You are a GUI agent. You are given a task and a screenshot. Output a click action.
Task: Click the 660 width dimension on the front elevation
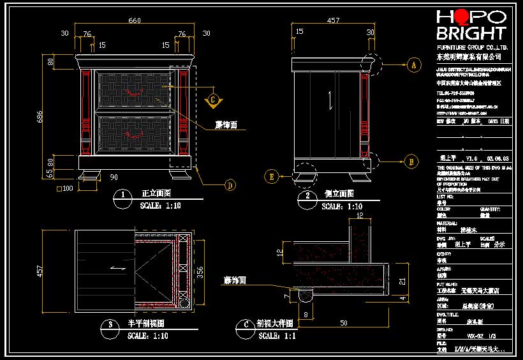(135, 20)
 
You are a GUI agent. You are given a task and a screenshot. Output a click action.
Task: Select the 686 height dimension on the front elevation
(40, 116)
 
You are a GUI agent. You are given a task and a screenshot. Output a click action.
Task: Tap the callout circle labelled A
(413, 64)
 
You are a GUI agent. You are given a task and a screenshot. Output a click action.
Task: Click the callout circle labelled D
(230, 186)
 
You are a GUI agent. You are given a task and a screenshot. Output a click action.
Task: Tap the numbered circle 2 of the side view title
(308, 195)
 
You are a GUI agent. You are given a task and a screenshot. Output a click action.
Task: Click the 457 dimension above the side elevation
(333, 20)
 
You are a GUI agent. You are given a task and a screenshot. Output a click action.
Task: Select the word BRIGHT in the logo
(471, 34)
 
